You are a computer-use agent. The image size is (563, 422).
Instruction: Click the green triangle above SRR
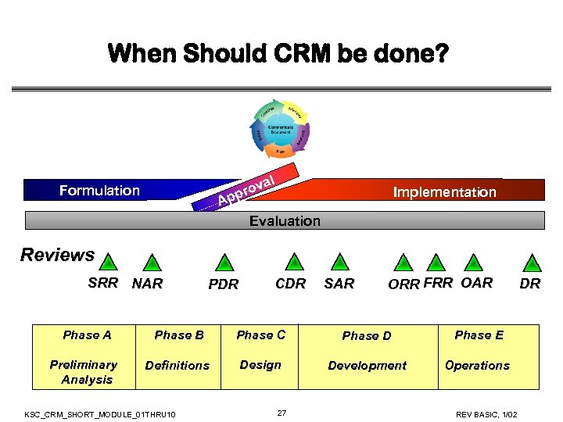click(109, 263)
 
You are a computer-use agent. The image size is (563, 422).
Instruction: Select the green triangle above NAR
click(152, 263)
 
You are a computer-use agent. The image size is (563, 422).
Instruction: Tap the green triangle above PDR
click(224, 263)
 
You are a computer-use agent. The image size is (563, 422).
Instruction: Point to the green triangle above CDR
click(295, 263)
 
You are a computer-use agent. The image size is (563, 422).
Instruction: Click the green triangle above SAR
click(339, 263)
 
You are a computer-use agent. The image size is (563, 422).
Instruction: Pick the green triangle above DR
click(532, 263)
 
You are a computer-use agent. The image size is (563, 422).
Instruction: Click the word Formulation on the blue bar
click(99, 191)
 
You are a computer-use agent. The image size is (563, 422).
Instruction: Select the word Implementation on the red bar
click(444, 192)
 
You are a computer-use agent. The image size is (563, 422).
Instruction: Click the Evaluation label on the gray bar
click(285, 221)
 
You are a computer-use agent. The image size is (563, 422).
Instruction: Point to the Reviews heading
click(57, 256)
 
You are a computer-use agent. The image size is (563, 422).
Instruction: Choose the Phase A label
click(87, 335)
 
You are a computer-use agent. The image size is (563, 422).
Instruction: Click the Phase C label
click(260, 335)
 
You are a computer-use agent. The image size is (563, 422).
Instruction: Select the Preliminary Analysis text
click(84, 372)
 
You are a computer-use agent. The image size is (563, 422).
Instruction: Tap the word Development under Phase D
click(367, 366)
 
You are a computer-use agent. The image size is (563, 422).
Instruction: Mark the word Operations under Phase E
click(477, 366)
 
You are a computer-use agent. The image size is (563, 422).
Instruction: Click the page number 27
click(281, 413)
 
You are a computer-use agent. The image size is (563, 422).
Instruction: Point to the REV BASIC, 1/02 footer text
click(492, 413)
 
